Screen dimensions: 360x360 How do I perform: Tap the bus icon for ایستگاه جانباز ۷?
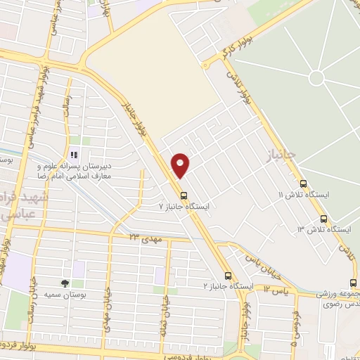point(184,195)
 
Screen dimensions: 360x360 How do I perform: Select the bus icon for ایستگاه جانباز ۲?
point(227,276)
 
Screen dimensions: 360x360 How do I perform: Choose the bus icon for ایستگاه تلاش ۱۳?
point(323,219)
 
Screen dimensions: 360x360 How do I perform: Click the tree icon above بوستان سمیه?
point(65,283)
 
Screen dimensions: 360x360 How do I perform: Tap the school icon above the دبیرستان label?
point(72,155)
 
